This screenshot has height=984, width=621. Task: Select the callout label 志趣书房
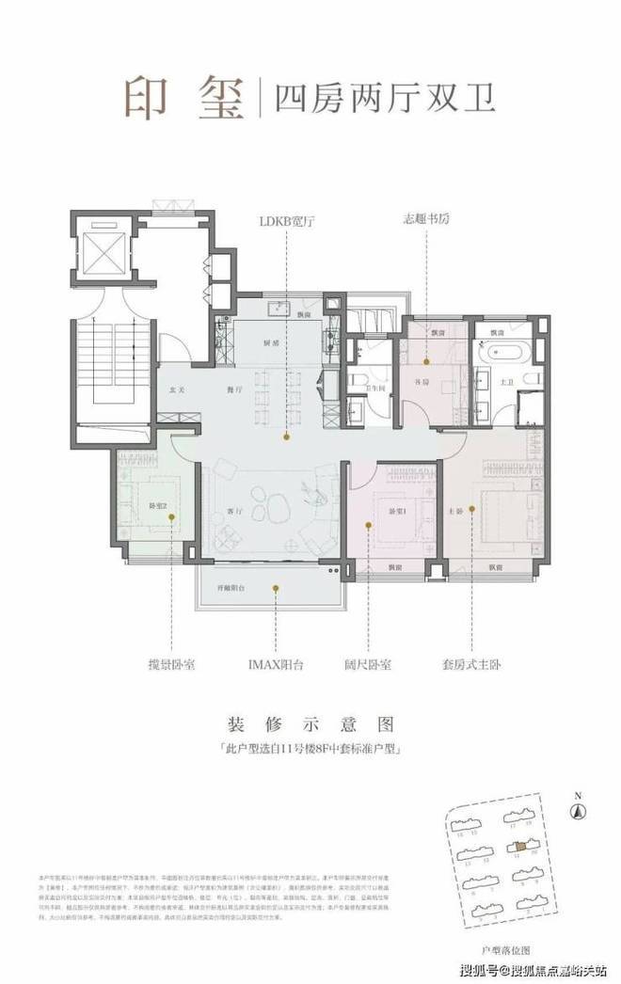pos(425,221)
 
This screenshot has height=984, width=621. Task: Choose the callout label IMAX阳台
pos(275,664)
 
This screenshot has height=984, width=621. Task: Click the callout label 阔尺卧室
pos(370,664)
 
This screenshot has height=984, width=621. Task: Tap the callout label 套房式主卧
pos(475,664)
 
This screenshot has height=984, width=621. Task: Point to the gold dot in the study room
pos(425,359)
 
